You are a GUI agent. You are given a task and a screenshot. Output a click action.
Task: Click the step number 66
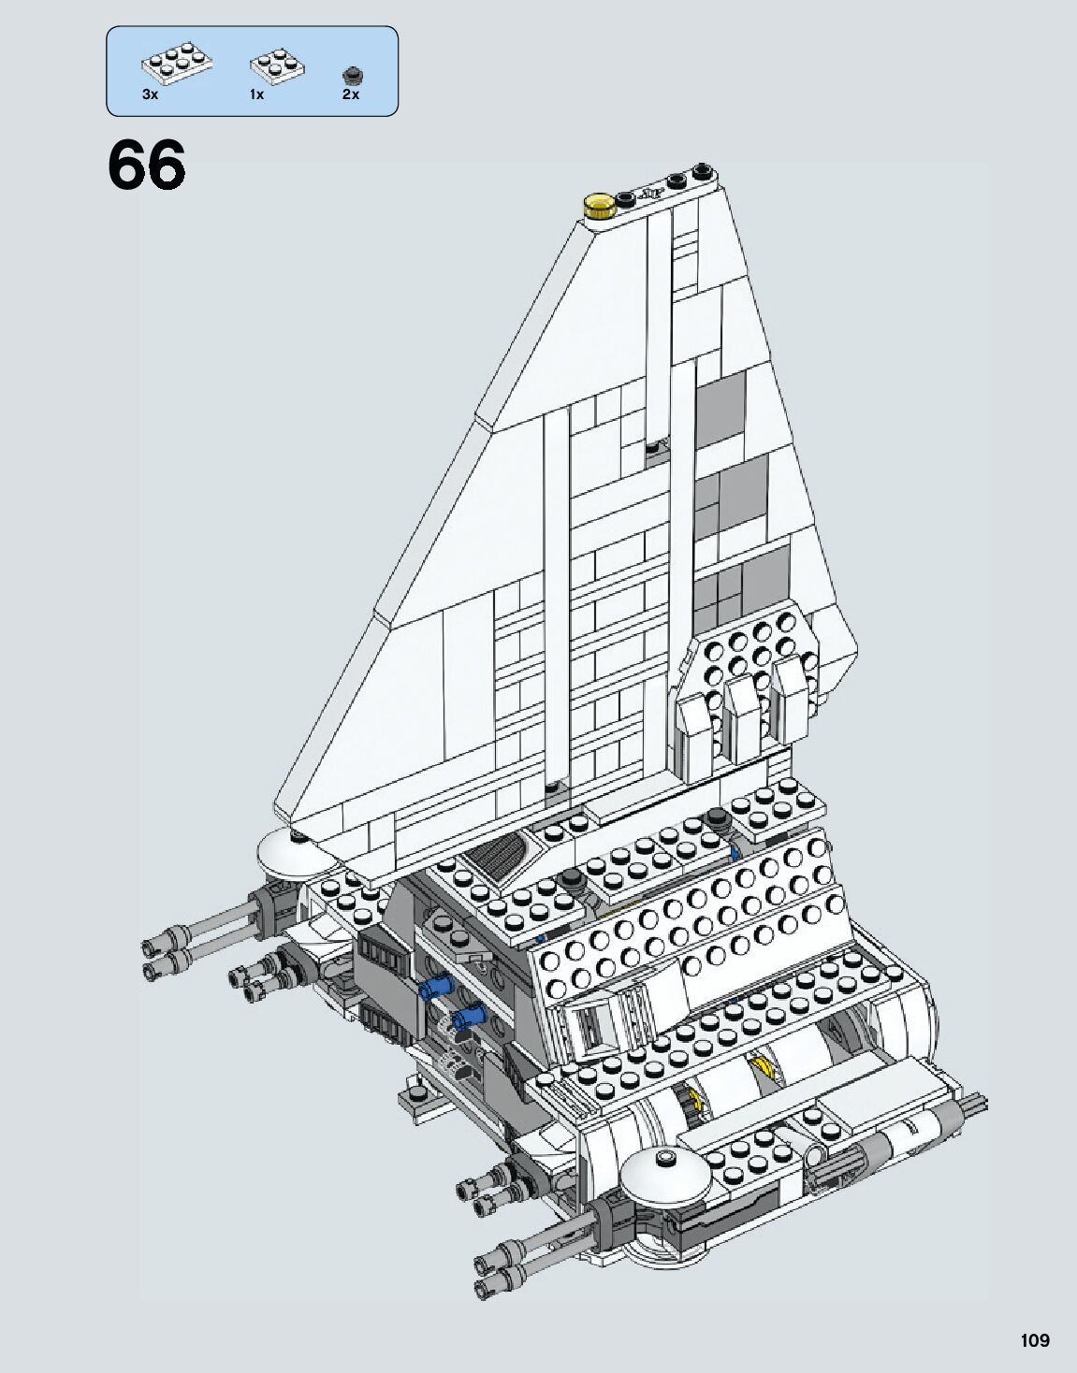147,166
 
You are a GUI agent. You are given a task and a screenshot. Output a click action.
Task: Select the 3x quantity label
150,94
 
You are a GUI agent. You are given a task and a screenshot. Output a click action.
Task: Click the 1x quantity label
257,94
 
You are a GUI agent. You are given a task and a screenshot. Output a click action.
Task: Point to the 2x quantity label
351,94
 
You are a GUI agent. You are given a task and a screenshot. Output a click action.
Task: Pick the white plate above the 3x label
177,64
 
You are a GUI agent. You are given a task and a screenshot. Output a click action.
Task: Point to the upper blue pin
436,985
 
